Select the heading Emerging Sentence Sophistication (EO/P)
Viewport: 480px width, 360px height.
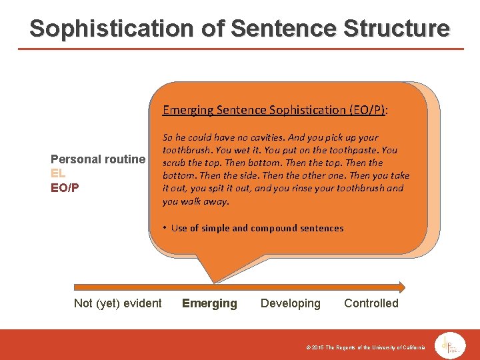coord(275,110)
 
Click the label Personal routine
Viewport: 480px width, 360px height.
coord(98,159)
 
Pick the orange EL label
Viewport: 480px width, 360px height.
coord(58,173)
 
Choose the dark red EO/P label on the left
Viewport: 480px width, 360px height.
coord(65,187)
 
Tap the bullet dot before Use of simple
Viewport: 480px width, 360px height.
coord(164,228)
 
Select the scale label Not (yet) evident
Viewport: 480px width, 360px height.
coord(117,303)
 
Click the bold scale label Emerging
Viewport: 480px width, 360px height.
coord(209,303)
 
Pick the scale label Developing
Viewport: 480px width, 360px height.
coord(290,303)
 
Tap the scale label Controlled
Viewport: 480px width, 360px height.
coord(371,303)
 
